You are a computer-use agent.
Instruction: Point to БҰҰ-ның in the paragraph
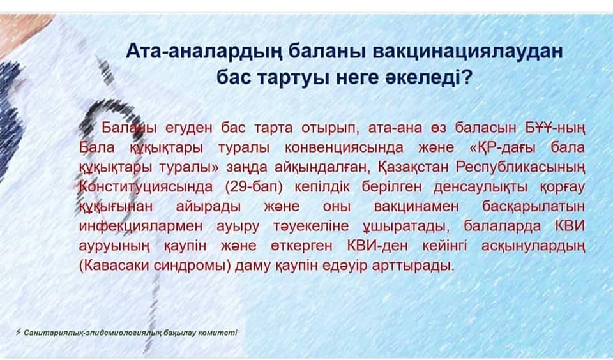[x=555, y=128]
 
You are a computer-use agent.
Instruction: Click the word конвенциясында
[x=344, y=147]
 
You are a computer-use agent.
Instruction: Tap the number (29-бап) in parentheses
[x=254, y=187]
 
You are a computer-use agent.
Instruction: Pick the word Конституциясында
[x=146, y=187]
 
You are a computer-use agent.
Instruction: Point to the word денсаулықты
[x=480, y=187]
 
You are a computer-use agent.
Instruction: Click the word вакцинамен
[x=416, y=206]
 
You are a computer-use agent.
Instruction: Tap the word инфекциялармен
[x=141, y=227]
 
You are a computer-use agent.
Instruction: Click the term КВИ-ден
[x=377, y=246]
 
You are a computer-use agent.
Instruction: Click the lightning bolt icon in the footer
[x=18, y=333]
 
